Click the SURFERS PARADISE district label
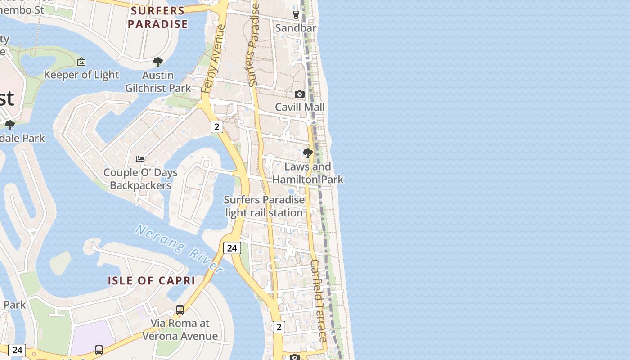pyautogui.click(x=157, y=18)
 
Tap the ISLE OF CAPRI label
pyautogui.click(x=151, y=281)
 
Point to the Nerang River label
pyautogui.click(x=180, y=249)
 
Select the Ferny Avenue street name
pyautogui.click(x=213, y=59)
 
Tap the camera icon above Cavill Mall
pyautogui.click(x=300, y=94)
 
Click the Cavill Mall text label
pyautogui.click(x=300, y=107)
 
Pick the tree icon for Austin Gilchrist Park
pyautogui.click(x=157, y=62)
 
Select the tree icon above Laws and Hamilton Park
pyautogui.click(x=308, y=153)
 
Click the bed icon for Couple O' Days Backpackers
pyautogui.click(x=140, y=159)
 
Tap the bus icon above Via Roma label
pyautogui.click(x=180, y=310)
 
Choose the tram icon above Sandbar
pyautogui.click(x=296, y=15)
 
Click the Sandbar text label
pyautogui.click(x=296, y=28)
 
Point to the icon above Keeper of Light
pyautogui.click(x=81, y=62)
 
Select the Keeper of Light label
pyautogui.click(x=81, y=75)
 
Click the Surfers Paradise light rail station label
pyautogui.click(x=264, y=206)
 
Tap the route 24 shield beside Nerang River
pyautogui.click(x=232, y=248)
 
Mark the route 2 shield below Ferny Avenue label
pyautogui.click(x=216, y=127)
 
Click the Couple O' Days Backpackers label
pyautogui.click(x=140, y=179)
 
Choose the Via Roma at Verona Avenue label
pyautogui.click(x=180, y=329)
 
